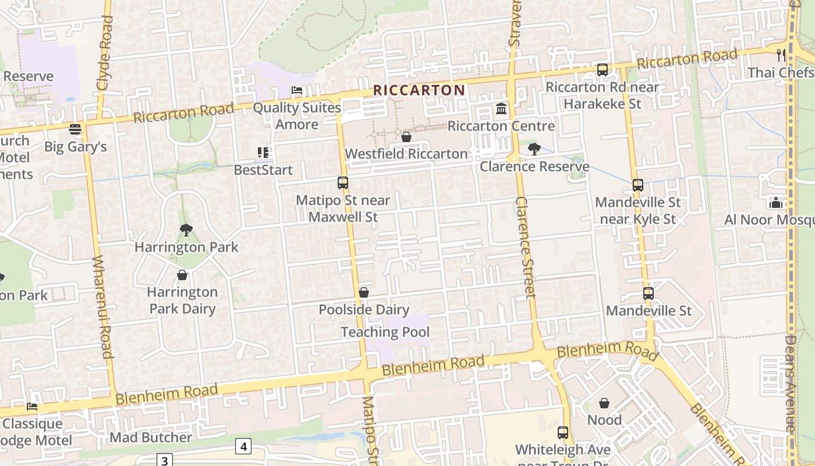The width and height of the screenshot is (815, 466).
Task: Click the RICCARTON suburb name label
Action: [x=419, y=90]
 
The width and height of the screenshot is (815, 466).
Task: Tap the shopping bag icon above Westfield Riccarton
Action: [x=406, y=137]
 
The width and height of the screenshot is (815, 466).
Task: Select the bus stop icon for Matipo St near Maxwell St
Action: [x=343, y=183]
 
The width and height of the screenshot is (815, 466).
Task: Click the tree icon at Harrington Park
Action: [x=186, y=230]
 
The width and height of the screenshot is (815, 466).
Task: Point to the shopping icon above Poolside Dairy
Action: [x=364, y=292]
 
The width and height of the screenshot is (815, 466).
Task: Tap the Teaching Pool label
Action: [x=385, y=332]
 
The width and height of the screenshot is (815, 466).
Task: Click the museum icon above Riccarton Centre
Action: [x=501, y=109]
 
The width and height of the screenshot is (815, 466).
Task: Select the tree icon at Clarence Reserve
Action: [x=534, y=149]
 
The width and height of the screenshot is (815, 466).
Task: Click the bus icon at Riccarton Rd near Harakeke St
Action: [x=603, y=70]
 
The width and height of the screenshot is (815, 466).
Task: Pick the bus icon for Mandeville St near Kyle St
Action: [x=638, y=185]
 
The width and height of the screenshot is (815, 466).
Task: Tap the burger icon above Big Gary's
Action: [x=75, y=129]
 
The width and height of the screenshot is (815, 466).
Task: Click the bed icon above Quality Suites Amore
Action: [x=297, y=90]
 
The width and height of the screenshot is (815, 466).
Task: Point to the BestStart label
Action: [x=263, y=170]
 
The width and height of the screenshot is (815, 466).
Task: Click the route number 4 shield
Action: [x=243, y=447]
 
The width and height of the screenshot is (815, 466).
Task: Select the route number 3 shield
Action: [x=165, y=461]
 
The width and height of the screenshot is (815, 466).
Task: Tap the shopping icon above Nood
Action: [x=604, y=403]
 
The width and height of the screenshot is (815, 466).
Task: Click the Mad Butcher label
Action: [x=151, y=437]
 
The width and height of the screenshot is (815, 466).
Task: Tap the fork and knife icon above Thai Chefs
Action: [x=781, y=55]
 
